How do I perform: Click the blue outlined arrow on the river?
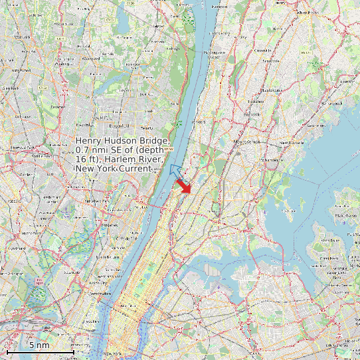(175, 172)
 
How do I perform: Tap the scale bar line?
(40, 351)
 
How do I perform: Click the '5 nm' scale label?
(39, 345)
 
